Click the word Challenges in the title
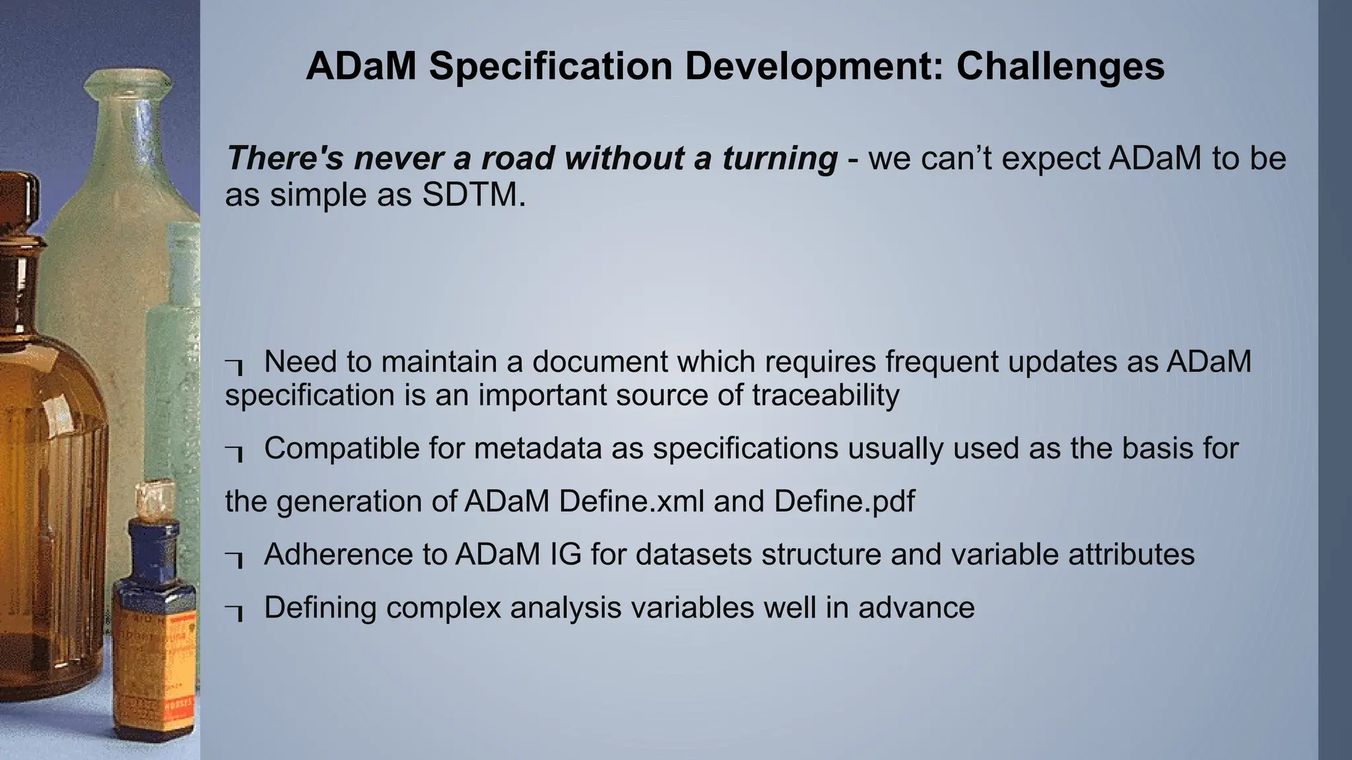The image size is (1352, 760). click(1060, 66)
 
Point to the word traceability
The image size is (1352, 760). click(825, 395)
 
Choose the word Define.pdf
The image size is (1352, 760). click(844, 501)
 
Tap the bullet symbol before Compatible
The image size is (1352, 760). click(234, 452)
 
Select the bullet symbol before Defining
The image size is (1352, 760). click(234, 611)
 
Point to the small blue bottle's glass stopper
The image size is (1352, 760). click(151, 499)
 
